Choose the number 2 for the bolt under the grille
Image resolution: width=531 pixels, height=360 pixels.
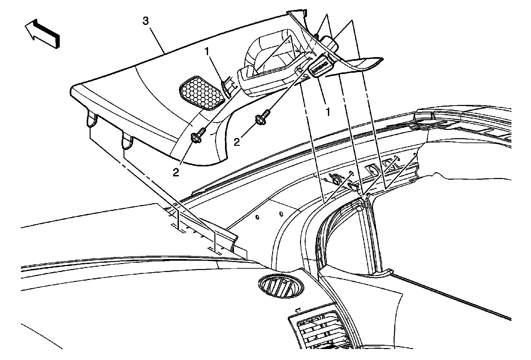point(176,172)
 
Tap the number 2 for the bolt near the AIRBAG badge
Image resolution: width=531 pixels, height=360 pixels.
point(237,142)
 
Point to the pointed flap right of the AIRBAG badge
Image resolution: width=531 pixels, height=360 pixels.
point(362,65)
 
